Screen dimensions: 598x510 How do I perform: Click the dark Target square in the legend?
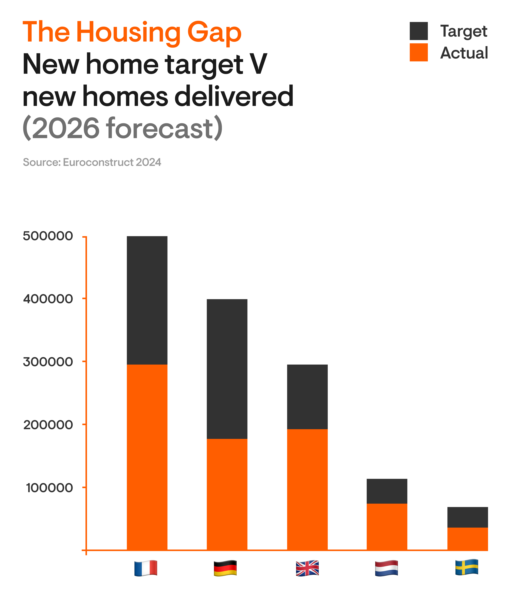click(x=418, y=31)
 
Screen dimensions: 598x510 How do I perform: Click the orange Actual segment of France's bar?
click(x=147, y=457)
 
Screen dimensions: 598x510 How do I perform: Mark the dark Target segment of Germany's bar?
click(x=227, y=369)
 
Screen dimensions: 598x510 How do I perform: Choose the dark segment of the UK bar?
click(x=307, y=397)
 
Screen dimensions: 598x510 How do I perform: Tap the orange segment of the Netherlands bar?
click(x=387, y=527)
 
